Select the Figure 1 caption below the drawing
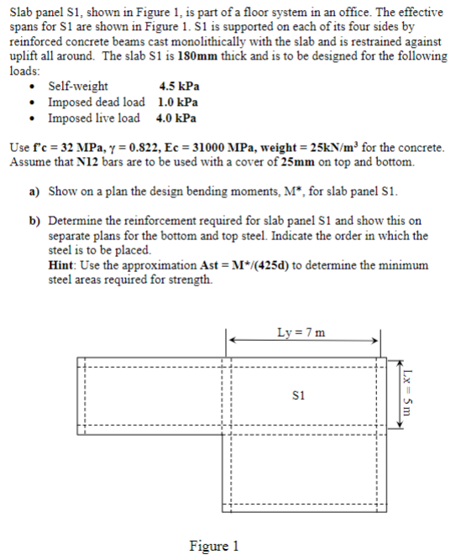tap(214, 547)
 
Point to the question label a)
tap(36, 191)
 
